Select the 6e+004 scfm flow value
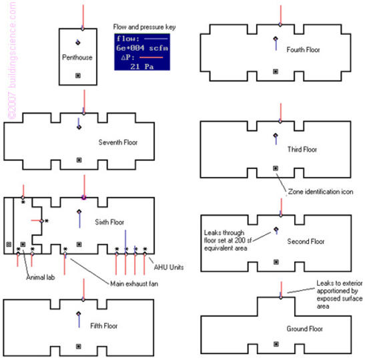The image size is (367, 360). coord(141,48)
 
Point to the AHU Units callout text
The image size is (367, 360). coord(170,267)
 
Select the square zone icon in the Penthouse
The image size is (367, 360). coord(79,75)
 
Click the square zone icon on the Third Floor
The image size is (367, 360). coord(275,168)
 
